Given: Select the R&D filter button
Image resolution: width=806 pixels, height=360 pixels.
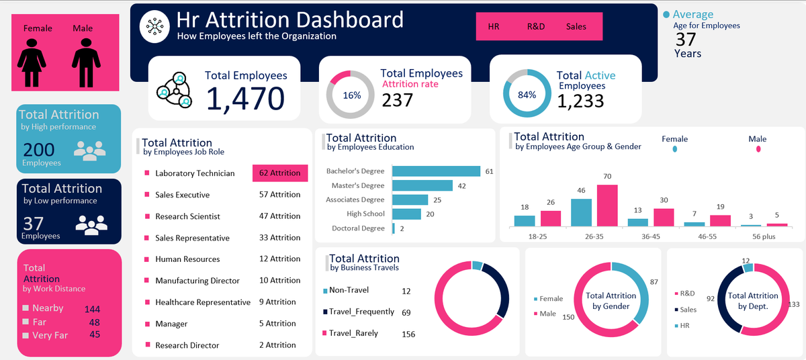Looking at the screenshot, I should pyautogui.click(x=535, y=27).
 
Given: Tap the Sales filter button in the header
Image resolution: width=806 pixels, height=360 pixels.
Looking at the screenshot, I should pyautogui.click(x=576, y=27).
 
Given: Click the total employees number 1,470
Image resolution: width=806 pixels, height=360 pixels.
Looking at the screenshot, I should pyautogui.click(x=245, y=99).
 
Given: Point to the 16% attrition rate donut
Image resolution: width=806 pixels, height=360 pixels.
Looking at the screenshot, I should pyautogui.click(x=351, y=95).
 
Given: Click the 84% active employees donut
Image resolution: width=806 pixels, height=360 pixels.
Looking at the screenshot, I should pyautogui.click(x=527, y=95).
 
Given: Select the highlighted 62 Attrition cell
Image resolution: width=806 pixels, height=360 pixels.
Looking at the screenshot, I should pyautogui.click(x=279, y=173).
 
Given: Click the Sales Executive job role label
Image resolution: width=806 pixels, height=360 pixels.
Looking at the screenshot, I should pyautogui.click(x=182, y=195).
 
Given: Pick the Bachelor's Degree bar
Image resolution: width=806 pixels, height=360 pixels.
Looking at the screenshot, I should pyautogui.click(x=435, y=171).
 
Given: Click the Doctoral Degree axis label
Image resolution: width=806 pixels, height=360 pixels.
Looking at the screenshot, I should pyautogui.click(x=358, y=228).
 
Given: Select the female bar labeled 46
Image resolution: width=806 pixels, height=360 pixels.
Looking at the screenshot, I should pyautogui.click(x=581, y=212).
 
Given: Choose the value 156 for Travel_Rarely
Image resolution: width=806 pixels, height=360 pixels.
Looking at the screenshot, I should pyautogui.click(x=408, y=334).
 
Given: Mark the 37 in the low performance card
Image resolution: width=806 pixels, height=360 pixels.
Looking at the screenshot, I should pyautogui.click(x=34, y=223).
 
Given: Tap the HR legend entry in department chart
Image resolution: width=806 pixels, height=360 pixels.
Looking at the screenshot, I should pyautogui.click(x=685, y=326).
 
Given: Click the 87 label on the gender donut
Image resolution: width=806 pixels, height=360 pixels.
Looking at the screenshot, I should pyautogui.click(x=654, y=282).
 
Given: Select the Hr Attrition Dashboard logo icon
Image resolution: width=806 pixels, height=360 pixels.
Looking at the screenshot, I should pyautogui.click(x=154, y=26).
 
